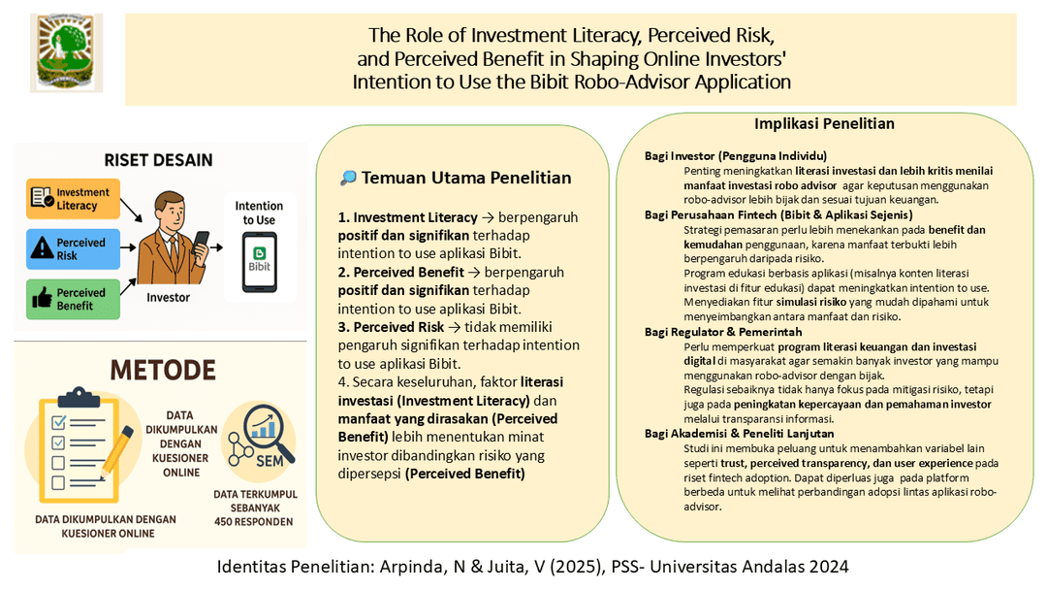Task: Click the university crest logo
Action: [66, 52]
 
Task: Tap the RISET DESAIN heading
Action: [158, 160]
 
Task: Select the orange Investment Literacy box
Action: [74, 199]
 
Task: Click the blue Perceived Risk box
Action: [74, 248]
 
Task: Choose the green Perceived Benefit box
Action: [74, 299]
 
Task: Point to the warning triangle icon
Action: [42, 249]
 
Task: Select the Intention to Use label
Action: [259, 213]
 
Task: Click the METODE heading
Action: [162, 371]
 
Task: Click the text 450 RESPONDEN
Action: [254, 521]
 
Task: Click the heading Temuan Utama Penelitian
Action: [465, 178]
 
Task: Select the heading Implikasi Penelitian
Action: [824, 124]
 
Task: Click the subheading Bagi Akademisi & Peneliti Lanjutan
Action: [739, 433]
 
